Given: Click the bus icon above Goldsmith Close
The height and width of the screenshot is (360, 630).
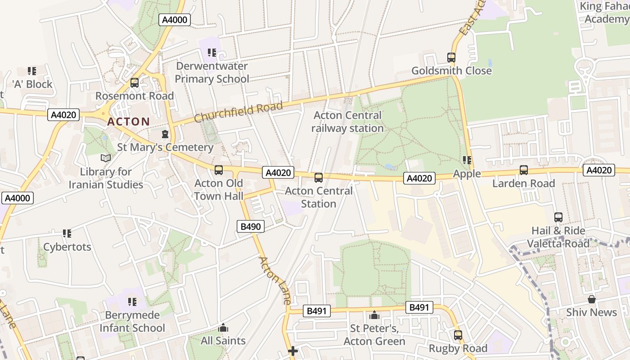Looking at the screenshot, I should point(451,58).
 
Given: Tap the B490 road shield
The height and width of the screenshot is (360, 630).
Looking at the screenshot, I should point(251,226).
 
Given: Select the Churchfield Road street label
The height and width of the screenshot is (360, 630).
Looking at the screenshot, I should point(238,112).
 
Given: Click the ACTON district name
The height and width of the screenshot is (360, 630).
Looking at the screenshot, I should point(128,121).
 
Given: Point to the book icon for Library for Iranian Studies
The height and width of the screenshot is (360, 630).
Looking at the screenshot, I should point(106,158).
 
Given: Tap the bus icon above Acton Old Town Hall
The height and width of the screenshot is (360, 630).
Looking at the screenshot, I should point(219,170).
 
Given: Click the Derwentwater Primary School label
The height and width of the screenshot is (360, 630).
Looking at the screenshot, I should point(211,72).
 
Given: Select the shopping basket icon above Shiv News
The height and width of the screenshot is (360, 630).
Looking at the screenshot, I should point(592,299).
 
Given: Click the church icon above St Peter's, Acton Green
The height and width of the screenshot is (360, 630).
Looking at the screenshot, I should point(374,315).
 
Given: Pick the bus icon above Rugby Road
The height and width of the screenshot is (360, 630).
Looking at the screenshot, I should point(458,335).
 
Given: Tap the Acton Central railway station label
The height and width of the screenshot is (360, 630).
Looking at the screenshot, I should point(348,122).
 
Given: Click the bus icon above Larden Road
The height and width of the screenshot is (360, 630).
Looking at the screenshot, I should point(524,170).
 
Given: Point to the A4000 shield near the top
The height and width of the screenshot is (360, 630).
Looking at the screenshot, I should point(175,20).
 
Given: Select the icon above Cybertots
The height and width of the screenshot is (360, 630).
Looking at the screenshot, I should point(67,234).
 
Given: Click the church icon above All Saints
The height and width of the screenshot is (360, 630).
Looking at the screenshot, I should point(223,328).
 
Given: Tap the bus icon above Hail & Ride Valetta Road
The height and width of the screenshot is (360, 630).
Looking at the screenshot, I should point(558,217).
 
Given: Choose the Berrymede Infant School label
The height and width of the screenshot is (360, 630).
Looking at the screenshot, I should point(132,321).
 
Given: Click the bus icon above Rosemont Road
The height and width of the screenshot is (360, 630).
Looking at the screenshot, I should point(135,83).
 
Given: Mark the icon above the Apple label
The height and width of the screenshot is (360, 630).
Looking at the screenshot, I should point(467,160).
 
